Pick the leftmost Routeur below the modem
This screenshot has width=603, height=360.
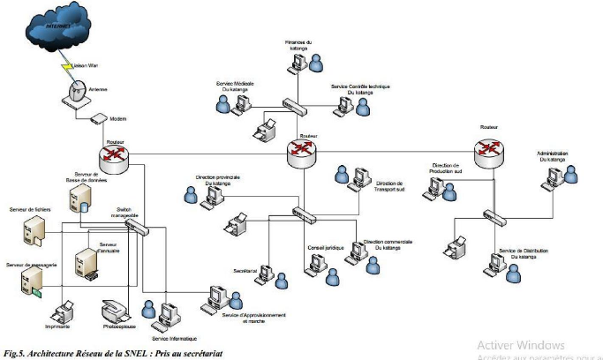[x=114, y=157]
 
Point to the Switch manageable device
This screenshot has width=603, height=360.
[x=136, y=226]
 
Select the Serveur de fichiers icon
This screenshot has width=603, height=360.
[x=33, y=231]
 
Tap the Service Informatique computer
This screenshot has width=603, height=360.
[x=170, y=314]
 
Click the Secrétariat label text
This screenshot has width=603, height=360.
[x=245, y=271]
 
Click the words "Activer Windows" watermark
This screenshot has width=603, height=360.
[x=521, y=344]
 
